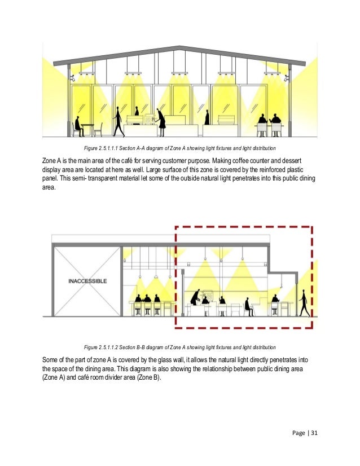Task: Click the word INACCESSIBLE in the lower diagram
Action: (x=87, y=280)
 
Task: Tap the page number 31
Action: (x=315, y=433)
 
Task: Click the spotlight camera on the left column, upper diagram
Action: (x=72, y=78)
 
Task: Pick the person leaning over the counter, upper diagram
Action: (x=161, y=120)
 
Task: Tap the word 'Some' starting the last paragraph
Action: (x=51, y=359)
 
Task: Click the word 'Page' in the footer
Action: (x=301, y=433)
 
